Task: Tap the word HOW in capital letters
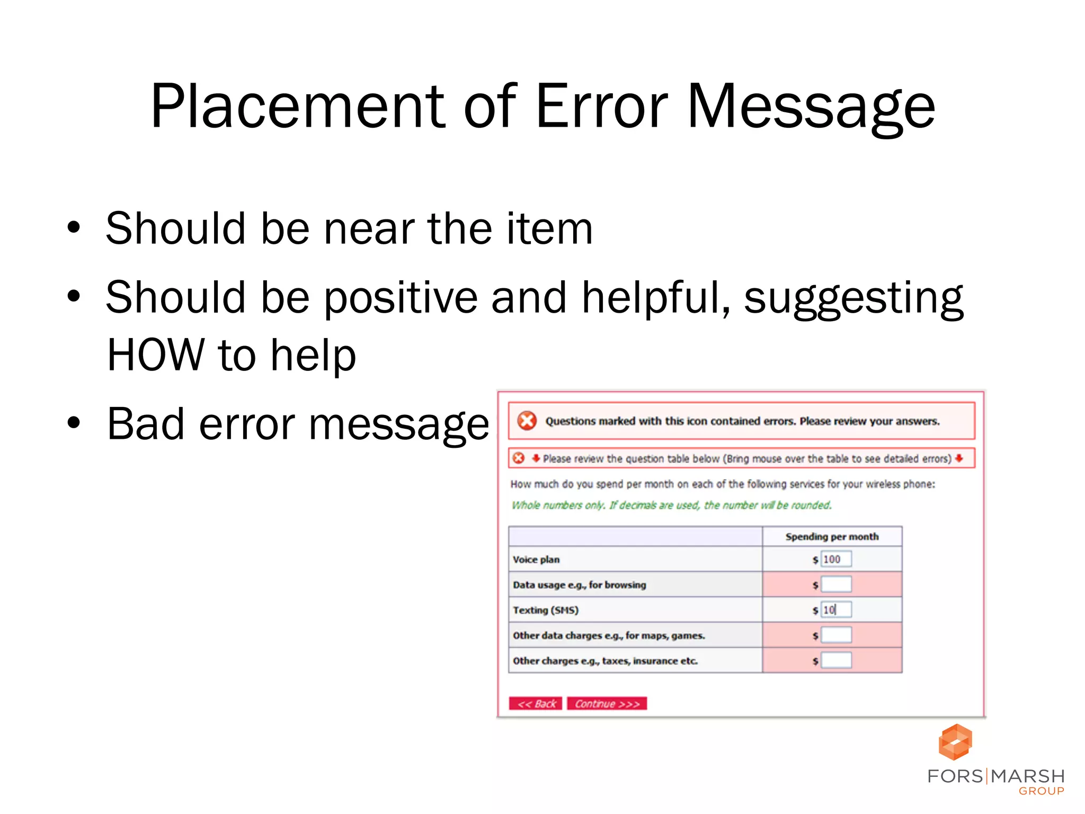[x=155, y=355]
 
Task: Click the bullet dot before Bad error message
[x=74, y=423]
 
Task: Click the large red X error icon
[x=527, y=421]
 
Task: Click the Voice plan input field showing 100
[x=836, y=559]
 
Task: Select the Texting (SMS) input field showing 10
[x=836, y=610]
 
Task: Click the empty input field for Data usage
[x=836, y=585]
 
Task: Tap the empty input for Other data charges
[x=836, y=635]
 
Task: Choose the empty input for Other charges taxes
[x=836, y=660]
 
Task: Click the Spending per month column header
[x=832, y=537]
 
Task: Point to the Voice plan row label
[x=536, y=560]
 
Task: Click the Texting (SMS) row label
[x=546, y=610]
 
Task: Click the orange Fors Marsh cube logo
[x=955, y=742]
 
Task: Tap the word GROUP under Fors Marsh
[x=1041, y=791]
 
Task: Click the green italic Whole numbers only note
[x=671, y=505]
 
